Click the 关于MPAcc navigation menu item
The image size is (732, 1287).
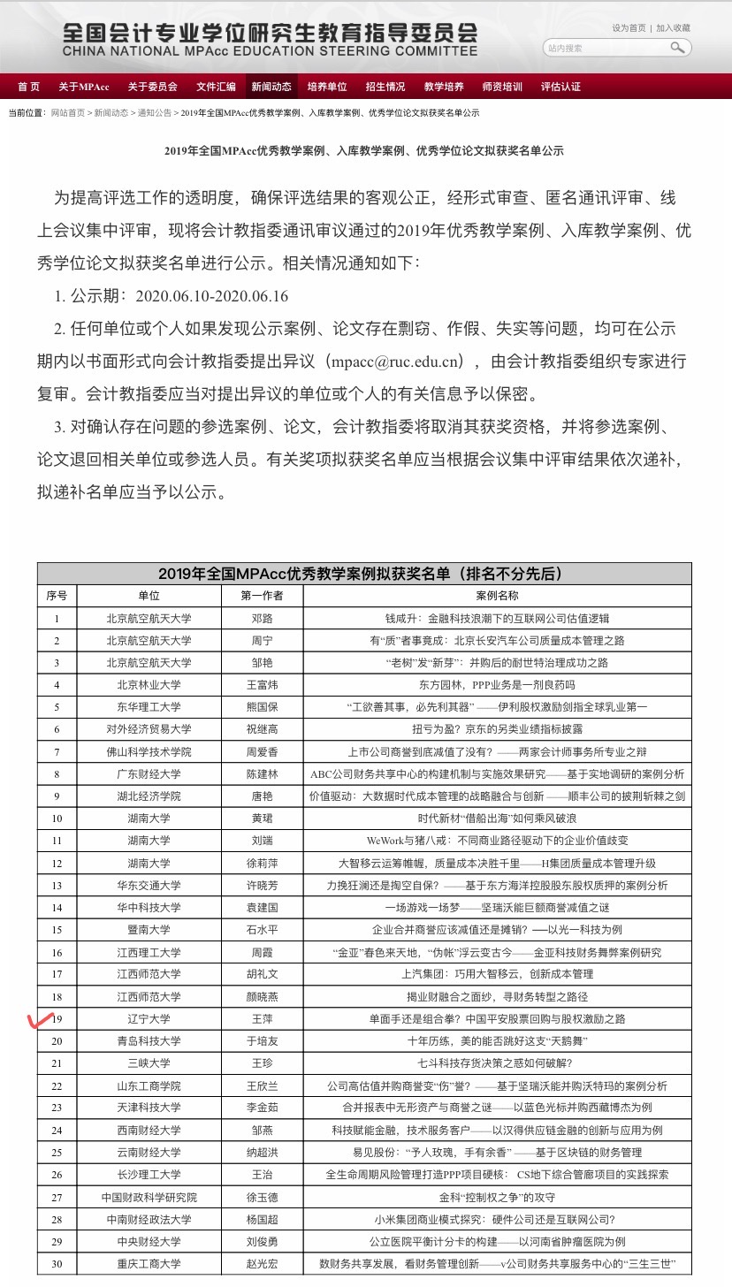click(83, 87)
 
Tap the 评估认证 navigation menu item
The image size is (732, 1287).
click(560, 87)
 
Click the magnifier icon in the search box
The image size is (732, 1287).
click(678, 48)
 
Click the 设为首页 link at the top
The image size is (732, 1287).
click(629, 28)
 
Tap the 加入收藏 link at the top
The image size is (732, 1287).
click(673, 28)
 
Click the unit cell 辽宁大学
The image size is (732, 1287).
click(149, 1019)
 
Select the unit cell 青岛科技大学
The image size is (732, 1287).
click(149, 1041)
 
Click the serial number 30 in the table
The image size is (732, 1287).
click(57, 1264)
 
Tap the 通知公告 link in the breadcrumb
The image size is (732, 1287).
click(154, 113)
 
